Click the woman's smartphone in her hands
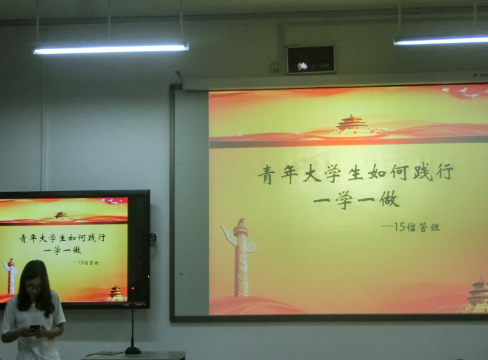point(35,327)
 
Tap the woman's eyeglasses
point(34,287)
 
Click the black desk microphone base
point(133,350)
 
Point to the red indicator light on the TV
point(133,289)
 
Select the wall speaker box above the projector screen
point(311,60)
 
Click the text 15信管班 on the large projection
point(417,227)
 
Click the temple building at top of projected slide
point(351,125)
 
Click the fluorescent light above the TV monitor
point(111,48)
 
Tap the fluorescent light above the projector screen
point(441,40)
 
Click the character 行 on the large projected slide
point(444,172)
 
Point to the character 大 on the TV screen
point(43,239)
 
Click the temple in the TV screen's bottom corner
point(116,294)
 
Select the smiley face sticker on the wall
point(274,66)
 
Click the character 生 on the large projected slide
point(356,173)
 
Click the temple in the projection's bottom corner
point(479,294)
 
